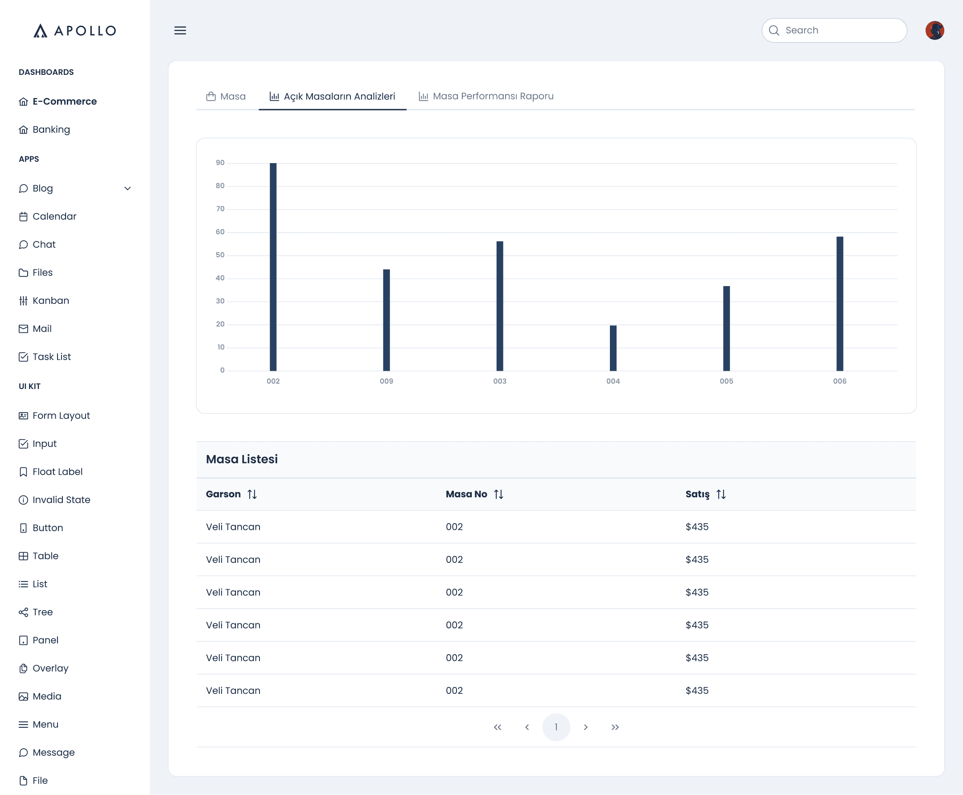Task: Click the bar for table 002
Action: coord(273,266)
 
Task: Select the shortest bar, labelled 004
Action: coord(613,348)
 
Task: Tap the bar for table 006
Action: coord(840,303)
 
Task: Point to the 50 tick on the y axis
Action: coord(220,255)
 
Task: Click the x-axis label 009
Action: coord(386,381)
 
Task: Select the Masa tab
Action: coord(226,96)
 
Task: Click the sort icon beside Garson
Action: coord(252,494)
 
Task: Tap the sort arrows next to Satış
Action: coord(721,494)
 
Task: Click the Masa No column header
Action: coord(466,494)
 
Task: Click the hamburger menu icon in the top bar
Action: coord(180,30)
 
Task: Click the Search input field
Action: coord(834,30)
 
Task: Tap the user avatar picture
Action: coord(934,30)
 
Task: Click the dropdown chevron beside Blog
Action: coord(128,188)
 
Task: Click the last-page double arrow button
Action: coord(615,727)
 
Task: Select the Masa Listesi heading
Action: coord(242,459)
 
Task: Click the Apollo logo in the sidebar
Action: coord(74,31)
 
